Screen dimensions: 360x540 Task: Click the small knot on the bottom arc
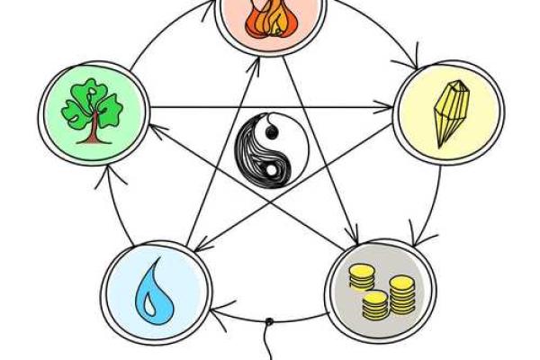[269, 322]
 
